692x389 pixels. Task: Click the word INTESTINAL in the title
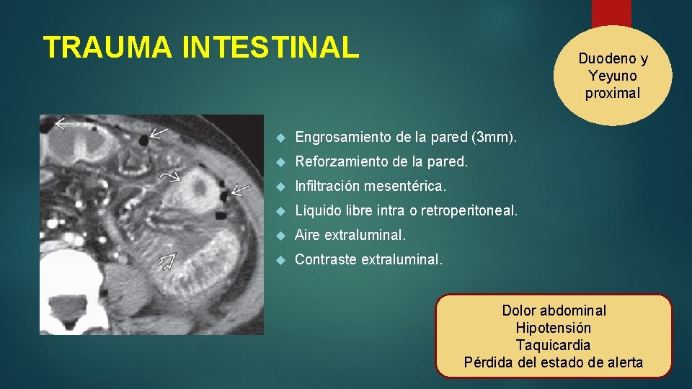pos(270,48)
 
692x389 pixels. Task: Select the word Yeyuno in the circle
pos(612,76)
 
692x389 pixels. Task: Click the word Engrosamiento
pos(342,137)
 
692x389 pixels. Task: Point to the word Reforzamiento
pos(342,162)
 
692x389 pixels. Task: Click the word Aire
pos(309,236)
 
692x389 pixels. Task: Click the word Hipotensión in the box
pos(554,328)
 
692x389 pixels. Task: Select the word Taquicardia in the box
pos(554,345)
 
